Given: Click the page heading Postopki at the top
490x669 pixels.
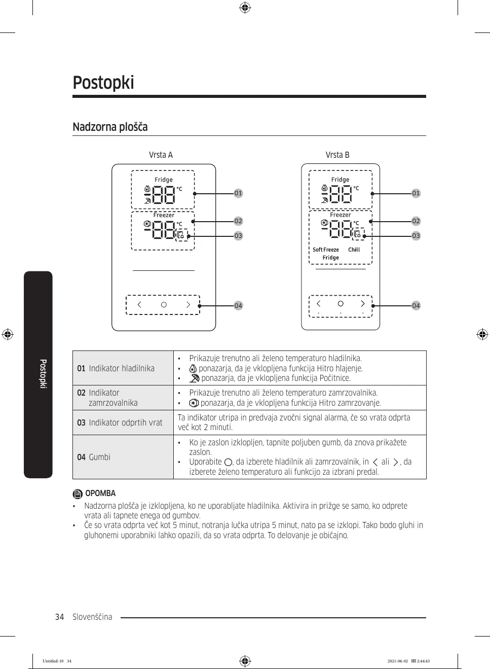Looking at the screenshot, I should pos(103,83).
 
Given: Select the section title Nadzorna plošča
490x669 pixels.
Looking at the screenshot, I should pos(110,127).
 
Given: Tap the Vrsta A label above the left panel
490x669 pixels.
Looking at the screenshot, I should pos(161,155).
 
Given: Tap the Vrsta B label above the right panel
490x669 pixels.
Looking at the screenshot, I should pos(337,155).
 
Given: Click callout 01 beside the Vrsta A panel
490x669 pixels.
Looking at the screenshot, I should pos(238,193).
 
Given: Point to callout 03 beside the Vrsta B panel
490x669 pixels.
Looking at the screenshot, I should pos(416,236).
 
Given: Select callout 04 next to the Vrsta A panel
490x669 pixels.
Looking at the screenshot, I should pos(238,305).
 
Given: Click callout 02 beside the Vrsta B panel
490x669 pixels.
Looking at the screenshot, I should pos(416,221).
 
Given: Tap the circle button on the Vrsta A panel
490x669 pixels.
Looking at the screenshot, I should pos(164,305).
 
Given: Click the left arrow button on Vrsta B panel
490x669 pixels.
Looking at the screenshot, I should pos(318,304).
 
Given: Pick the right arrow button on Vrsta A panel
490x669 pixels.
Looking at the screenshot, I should pos(188,305).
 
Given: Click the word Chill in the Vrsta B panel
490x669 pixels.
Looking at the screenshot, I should pos(354,250).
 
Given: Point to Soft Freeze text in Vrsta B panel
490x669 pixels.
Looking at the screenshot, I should pos(326,250).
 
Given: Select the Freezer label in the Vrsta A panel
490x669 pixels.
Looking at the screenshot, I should pos(164,215).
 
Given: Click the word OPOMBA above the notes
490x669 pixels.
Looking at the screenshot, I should pos(100,494).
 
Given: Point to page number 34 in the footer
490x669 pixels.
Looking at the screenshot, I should pos(60,617).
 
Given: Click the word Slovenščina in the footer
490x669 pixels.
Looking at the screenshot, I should pos(92,617).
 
